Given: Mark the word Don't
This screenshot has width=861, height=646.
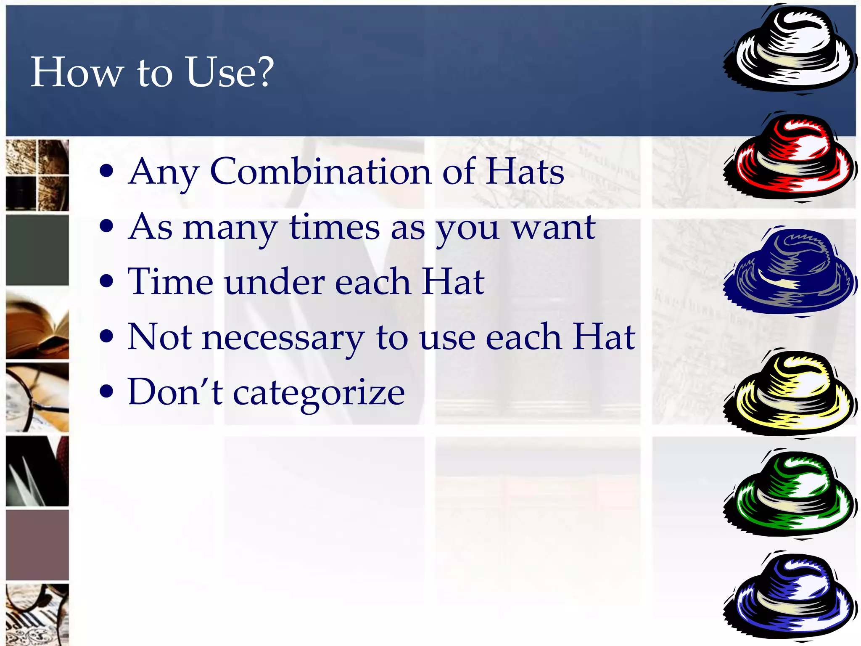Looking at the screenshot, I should click(175, 392).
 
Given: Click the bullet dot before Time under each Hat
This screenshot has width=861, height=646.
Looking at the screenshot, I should click(107, 281).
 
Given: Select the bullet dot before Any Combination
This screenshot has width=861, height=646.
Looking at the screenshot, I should click(107, 171).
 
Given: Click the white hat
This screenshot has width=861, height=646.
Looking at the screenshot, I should click(790, 50).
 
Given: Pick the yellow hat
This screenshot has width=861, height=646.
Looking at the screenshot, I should click(790, 394).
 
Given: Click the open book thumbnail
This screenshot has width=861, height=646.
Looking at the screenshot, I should click(37, 325).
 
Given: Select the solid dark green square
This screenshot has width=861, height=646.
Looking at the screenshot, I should click(37, 251).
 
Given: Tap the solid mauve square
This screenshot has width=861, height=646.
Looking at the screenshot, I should click(37, 545).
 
